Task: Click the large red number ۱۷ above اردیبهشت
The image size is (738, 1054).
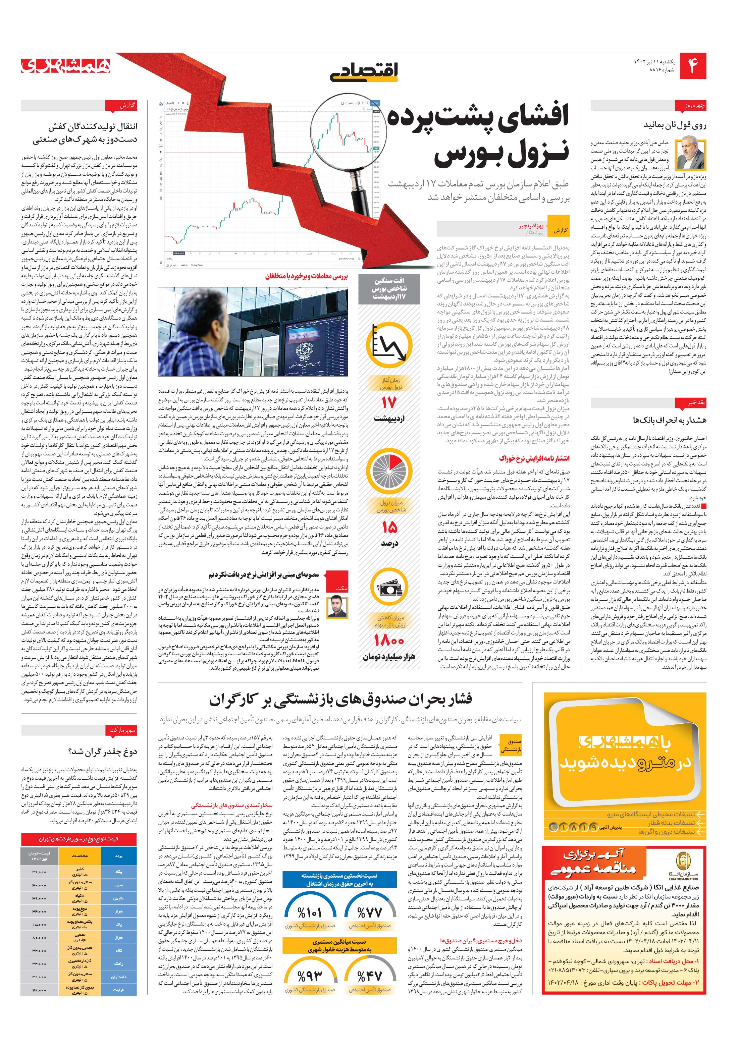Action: click(x=388, y=403)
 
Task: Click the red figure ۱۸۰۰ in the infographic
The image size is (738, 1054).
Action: click(x=388, y=640)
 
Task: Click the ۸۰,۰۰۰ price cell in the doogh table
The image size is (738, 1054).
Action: click(x=40, y=936)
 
